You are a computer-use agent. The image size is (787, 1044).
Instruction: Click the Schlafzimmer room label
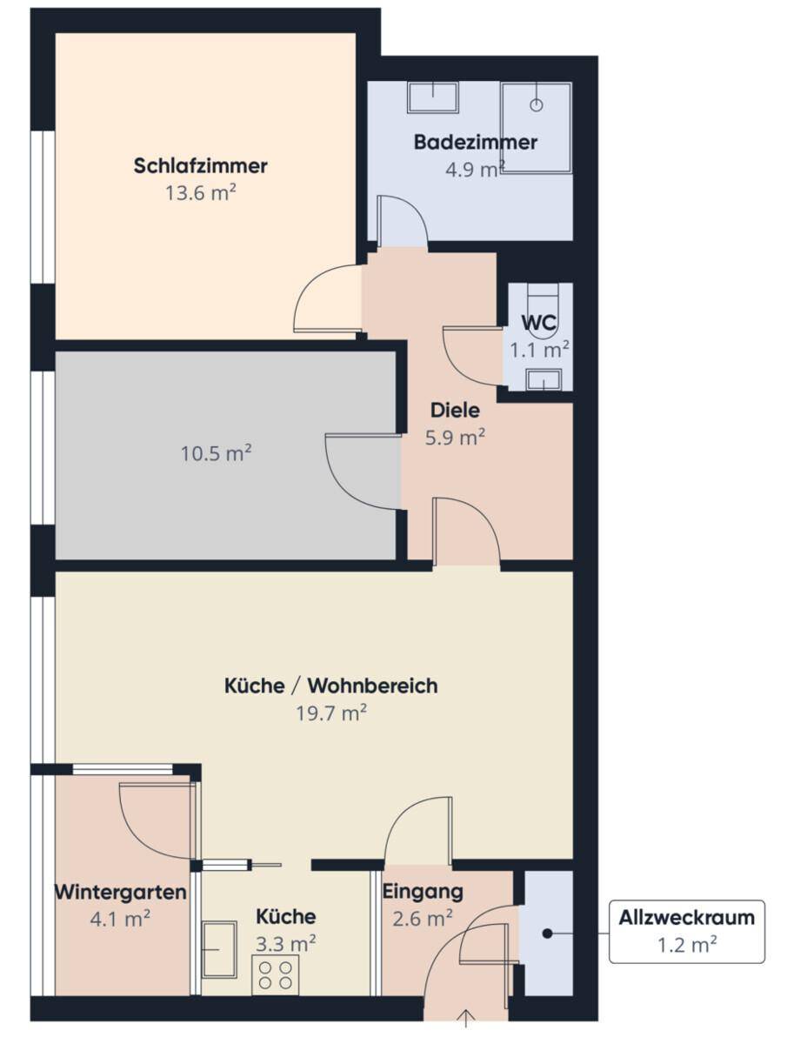tap(200, 166)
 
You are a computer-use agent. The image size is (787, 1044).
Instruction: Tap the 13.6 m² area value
tap(200, 192)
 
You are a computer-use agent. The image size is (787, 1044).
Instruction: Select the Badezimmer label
tap(475, 142)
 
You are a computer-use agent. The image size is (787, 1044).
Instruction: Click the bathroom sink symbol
tap(432, 97)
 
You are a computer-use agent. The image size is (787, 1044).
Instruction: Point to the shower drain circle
tap(536, 105)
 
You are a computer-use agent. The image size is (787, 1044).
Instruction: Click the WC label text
tap(539, 323)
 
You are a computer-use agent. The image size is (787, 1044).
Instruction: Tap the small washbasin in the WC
tap(544, 380)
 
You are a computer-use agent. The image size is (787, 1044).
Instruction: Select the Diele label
tap(455, 411)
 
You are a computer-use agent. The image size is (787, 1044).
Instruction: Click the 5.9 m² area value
tap(455, 437)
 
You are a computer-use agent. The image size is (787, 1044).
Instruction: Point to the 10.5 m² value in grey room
tap(216, 453)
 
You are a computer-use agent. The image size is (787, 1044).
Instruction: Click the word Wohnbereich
tap(372, 686)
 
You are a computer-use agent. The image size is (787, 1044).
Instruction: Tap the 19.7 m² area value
tap(331, 713)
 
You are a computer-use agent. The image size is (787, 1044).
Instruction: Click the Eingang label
tap(423, 892)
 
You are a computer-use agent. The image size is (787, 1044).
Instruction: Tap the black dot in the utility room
tap(547, 934)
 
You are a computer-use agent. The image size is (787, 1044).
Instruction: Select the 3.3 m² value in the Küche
tap(285, 944)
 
